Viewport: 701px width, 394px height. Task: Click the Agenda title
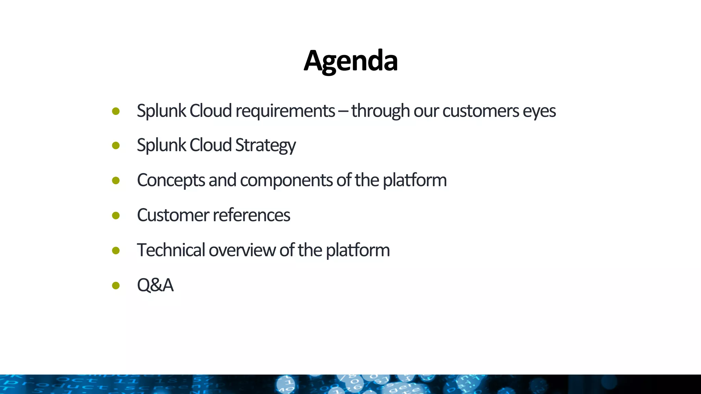click(350, 61)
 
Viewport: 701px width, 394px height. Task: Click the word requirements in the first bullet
click(285, 111)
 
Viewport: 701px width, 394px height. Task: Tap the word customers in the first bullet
click(481, 111)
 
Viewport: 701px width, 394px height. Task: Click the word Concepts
click(171, 181)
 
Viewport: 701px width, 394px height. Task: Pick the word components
click(286, 181)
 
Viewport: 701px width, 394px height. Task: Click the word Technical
click(171, 250)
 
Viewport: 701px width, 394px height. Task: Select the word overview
click(242, 250)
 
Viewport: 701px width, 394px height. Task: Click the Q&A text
click(155, 285)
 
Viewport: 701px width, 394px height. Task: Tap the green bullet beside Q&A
click(116, 285)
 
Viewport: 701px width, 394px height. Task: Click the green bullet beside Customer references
click(116, 215)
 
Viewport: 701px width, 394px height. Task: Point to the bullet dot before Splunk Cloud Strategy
click(116, 146)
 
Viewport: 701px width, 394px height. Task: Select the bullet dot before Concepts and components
click(116, 181)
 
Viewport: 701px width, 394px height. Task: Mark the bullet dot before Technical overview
click(116, 251)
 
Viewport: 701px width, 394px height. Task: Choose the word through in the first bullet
click(380, 111)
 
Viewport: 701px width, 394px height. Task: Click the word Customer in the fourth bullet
click(173, 215)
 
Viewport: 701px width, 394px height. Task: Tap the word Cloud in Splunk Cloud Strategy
click(211, 145)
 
